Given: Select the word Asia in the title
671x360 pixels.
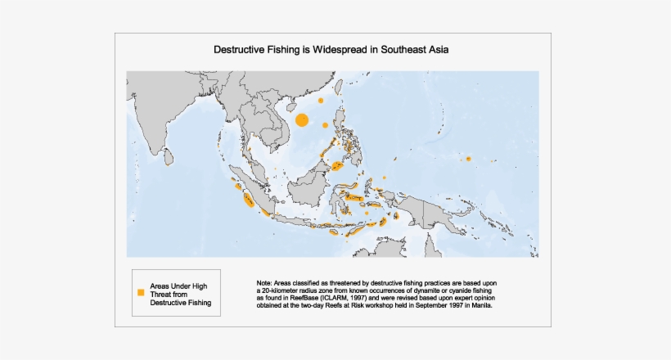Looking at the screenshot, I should [446, 49].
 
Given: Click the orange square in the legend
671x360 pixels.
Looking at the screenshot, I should [141, 292].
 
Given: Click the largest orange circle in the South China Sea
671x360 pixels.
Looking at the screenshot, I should [301, 120].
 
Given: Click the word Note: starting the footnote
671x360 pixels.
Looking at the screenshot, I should [266, 282].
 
